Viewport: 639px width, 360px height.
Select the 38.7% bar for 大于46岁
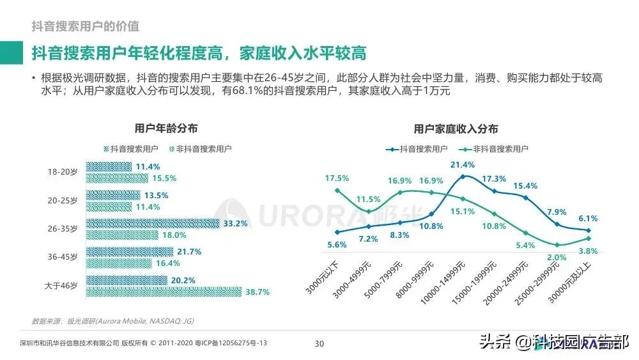pyautogui.click(x=164, y=292)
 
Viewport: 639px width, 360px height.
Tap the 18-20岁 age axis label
pyautogui.click(x=62, y=172)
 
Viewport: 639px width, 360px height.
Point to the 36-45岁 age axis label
pyautogui.click(x=62, y=257)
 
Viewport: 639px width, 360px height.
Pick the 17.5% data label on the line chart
pyautogui.click(x=337, y=178)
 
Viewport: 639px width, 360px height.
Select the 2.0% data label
pyautogui.click(x=557, y=257)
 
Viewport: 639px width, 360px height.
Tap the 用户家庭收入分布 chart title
pyautogui.click(x=456, y=129)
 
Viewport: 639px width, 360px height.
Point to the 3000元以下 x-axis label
pyautogui.click(x=321, y=278)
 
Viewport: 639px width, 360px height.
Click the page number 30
pyautogui.click(x=319, y=343)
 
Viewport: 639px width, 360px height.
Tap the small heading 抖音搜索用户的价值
pyautogui.click(x=86, y=26)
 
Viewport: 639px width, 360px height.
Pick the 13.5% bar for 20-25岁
pyautogui.click(x=113, y=195)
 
